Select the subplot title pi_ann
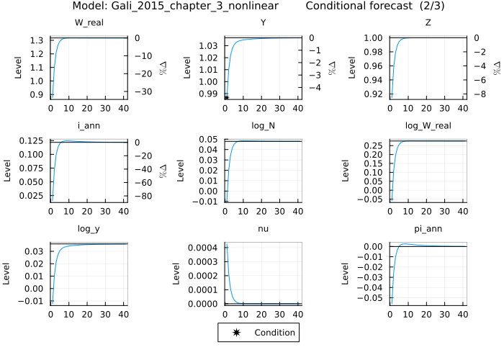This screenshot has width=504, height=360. [428, 229]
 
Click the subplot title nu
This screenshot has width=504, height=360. [263, 229]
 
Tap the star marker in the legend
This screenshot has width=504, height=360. [237, 333]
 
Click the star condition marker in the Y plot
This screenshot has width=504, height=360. [225, 97]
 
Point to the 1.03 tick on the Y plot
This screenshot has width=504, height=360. [208, 46]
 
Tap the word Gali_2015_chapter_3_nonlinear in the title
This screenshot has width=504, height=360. [186, 6]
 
